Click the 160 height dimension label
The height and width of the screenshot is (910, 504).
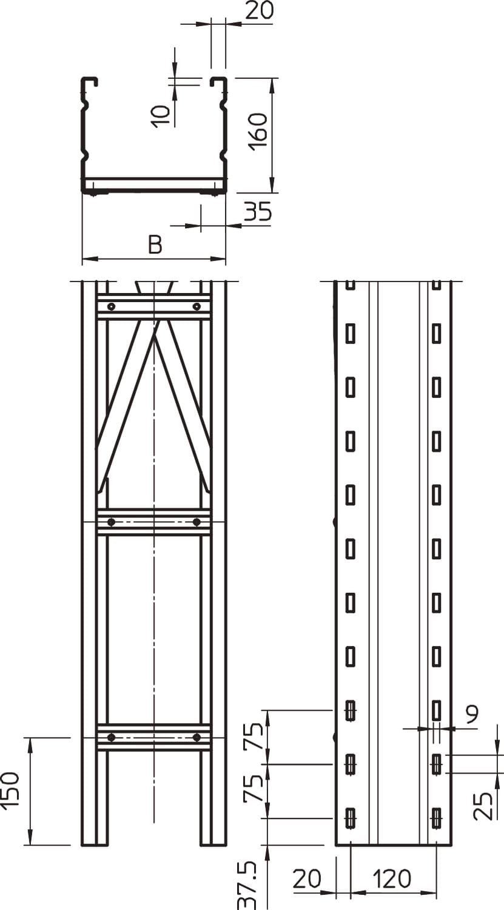tap(258, 132)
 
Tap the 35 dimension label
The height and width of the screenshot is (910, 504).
tap(258, 212)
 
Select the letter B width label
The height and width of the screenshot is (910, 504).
tap(155, 244)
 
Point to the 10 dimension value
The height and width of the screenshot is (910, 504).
tap(162, 116)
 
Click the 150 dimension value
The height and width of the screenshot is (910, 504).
tap(10, 790)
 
